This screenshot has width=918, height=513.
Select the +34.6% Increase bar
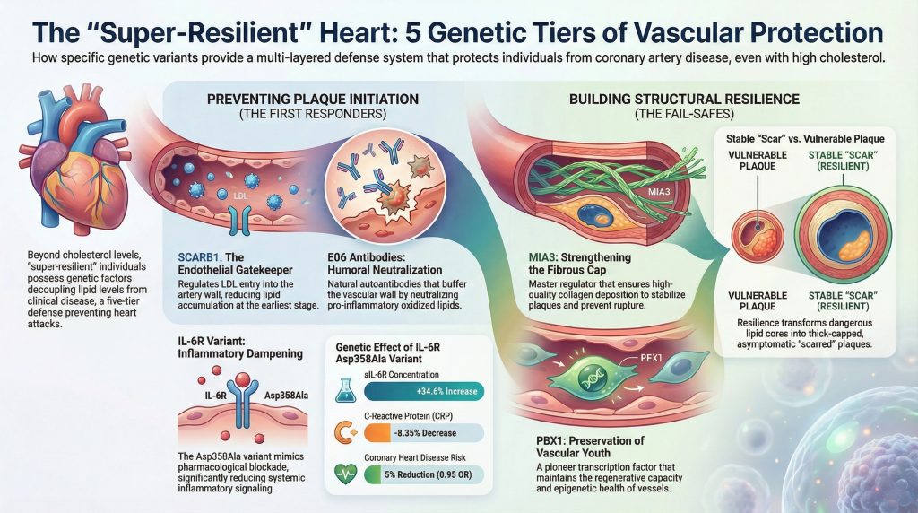(427, 390)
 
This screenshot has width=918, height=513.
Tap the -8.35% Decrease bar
(427, 432)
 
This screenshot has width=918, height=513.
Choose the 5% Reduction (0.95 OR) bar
(427, 474)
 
